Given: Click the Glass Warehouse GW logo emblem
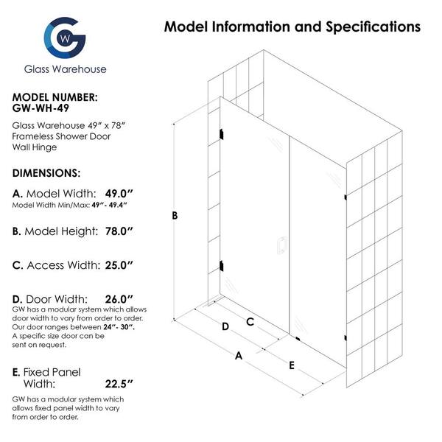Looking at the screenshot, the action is coord(65,38).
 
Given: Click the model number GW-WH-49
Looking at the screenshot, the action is coord(41,108).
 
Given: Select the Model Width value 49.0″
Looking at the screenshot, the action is coord(119,194).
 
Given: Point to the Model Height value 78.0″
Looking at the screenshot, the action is coord(119,231).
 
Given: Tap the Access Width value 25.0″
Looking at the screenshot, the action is coord(119,265).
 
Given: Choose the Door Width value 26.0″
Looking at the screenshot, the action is coord(119,299).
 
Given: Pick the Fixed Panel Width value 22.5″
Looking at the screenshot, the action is coord(119,384).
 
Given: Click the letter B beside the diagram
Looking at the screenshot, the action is coord(175,216).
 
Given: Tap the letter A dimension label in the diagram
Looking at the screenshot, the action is coord(239,356).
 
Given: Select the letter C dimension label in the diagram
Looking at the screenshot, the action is coord(250,322).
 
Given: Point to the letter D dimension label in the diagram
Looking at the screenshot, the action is coord(225,326).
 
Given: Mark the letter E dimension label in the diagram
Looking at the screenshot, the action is coord(292,365).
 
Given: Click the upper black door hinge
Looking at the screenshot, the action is coord(221,134).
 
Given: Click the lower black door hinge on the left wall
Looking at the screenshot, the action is coord(221,266).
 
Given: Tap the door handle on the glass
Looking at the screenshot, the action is coord(281,245).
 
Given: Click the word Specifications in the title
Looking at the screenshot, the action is coord(373,27).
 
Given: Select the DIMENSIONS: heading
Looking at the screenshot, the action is coord(46,173).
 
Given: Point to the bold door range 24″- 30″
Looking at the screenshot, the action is coord(119,327).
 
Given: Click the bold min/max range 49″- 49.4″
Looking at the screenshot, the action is coord(109,205).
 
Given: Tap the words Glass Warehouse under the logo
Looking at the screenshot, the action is coord(65,69).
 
